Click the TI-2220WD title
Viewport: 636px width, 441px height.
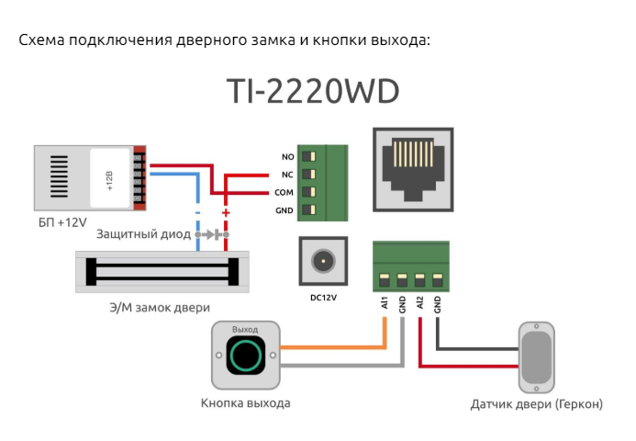click(x=311, y=93)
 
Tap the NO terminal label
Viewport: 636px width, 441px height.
click(x=287, y=156)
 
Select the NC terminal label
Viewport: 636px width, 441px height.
click(x=287, y=174)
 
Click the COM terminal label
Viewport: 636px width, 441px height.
click(x=284, y=193)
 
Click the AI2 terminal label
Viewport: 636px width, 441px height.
click(x=419, y=303)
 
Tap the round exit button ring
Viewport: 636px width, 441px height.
click(x=245, y=355)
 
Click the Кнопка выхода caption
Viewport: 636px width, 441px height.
click(x=245, y=403)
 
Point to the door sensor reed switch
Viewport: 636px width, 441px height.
click(x=537, y=356)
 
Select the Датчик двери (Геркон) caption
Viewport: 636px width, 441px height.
click(x=536, y=404)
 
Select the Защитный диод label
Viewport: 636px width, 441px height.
click(x=142, y=234)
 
